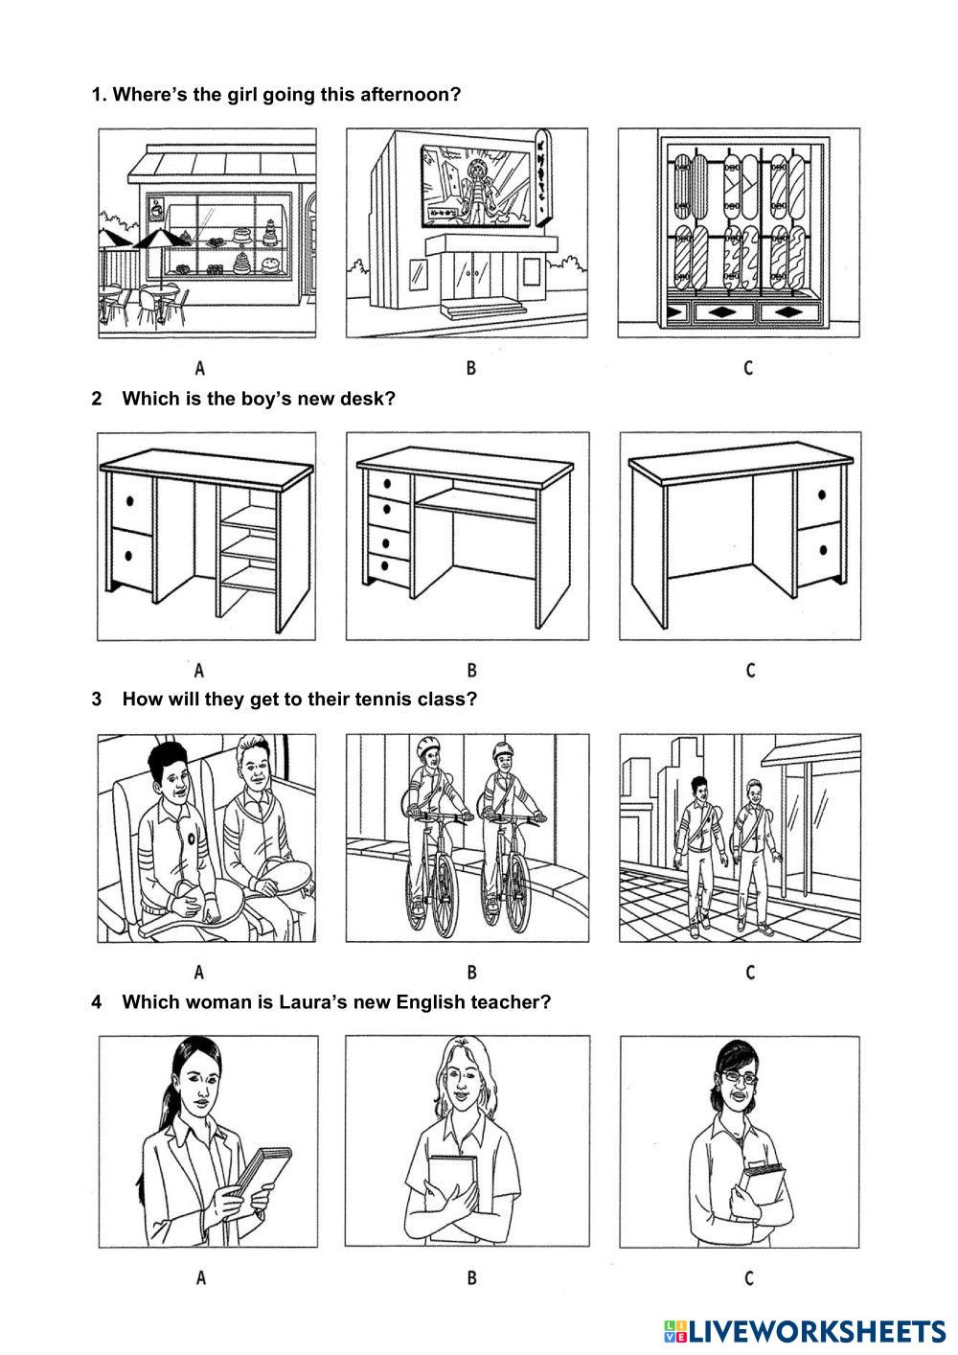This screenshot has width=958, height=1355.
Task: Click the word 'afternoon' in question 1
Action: click(x=410, y=94)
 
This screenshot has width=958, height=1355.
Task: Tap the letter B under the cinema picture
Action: click(x=471, y=367)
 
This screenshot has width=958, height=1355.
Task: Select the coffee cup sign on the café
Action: click(x=157, y=209)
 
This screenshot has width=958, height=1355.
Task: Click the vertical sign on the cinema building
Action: click(x=542, y=178)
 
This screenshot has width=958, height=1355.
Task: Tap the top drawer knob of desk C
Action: click(x=822, y=494)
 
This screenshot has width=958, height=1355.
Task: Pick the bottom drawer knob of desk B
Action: click(x=386, y=565)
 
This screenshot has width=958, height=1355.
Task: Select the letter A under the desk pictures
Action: click(x=199, y=670)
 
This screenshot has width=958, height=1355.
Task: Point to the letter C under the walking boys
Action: click(x=750, y=972)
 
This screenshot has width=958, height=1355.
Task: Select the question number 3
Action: click(x=96, y=700)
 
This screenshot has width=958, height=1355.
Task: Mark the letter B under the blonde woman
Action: click(x=471, y=1277)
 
